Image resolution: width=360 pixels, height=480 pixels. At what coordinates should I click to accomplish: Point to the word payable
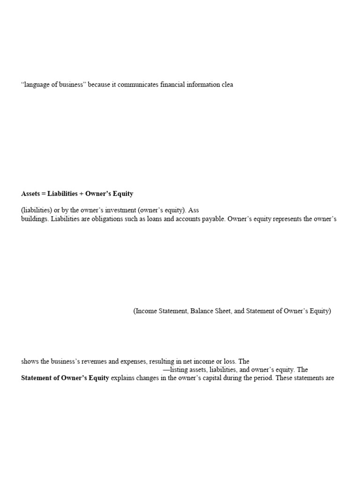tap(212, 219)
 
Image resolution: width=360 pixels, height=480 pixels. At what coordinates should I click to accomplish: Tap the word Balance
tap(202, 311)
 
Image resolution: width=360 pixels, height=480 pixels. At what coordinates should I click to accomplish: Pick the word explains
tap(124, 378)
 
